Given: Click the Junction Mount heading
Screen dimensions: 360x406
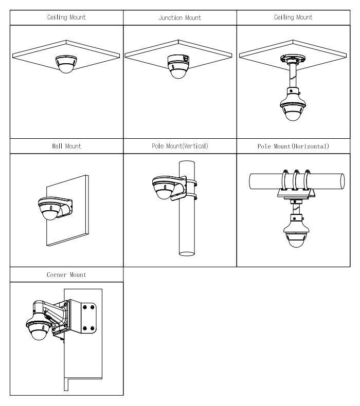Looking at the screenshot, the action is click(180, 17).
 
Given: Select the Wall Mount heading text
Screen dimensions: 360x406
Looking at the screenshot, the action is click(66, 146).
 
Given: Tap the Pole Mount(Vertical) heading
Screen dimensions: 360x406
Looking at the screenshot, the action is click(180, 146).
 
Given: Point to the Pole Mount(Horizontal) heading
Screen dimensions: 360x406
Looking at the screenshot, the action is click(293, 146).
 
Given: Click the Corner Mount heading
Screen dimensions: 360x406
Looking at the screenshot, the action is click(66, 275).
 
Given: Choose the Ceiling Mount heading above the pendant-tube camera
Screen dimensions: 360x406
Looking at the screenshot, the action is click(293, 17).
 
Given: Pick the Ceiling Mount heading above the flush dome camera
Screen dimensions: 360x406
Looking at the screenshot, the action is click(66, 17).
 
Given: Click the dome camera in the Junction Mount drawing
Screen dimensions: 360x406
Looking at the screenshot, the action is click(178, 66).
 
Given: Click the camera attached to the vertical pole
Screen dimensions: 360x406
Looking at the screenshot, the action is click(165, 188).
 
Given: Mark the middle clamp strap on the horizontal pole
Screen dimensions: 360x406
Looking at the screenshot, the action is click(296, 180).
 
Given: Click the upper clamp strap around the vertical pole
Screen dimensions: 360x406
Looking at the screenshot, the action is click(191, 182).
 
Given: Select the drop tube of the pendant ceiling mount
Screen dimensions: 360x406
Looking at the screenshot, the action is click(293, 76).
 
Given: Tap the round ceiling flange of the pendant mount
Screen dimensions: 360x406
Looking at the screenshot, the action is click(293, 59).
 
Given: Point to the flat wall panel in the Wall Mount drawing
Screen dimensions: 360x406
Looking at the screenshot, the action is click(68, 210).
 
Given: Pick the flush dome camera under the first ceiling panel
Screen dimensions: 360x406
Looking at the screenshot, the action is click(66, 64).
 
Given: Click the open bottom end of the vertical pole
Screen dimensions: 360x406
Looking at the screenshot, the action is click(187, 253).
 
